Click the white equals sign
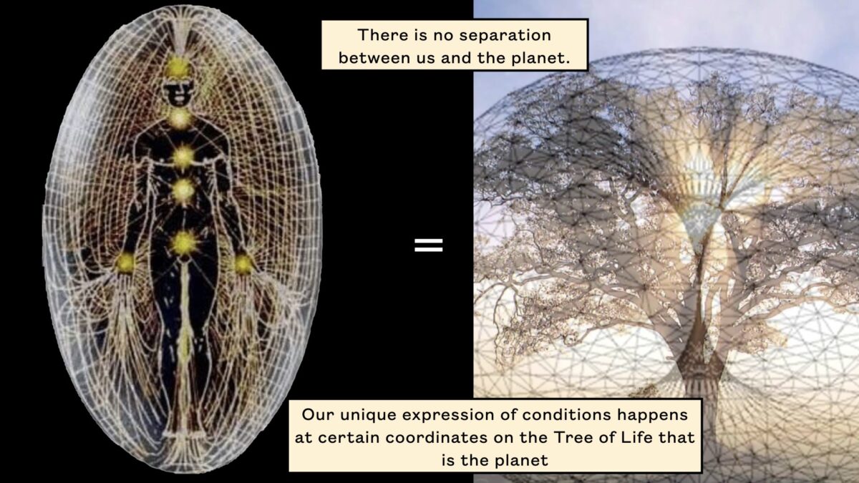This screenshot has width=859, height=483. click(x=428, y=245)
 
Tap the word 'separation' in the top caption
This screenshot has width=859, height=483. click(x=505, y=35)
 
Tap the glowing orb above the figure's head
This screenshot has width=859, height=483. click(x=178, y=68)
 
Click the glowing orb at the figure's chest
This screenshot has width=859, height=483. click(x=183, y=157)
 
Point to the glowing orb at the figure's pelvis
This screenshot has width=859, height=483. click(x=185, y=243)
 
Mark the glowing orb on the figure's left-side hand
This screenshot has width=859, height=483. click(x=125, y=263)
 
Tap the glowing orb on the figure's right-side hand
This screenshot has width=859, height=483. click(x=243, y=264)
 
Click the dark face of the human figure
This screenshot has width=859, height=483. click(x=178, y=93)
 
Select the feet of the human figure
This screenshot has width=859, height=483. click(x=185, y=435)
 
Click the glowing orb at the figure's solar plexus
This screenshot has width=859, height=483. click(x=183, y=191)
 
